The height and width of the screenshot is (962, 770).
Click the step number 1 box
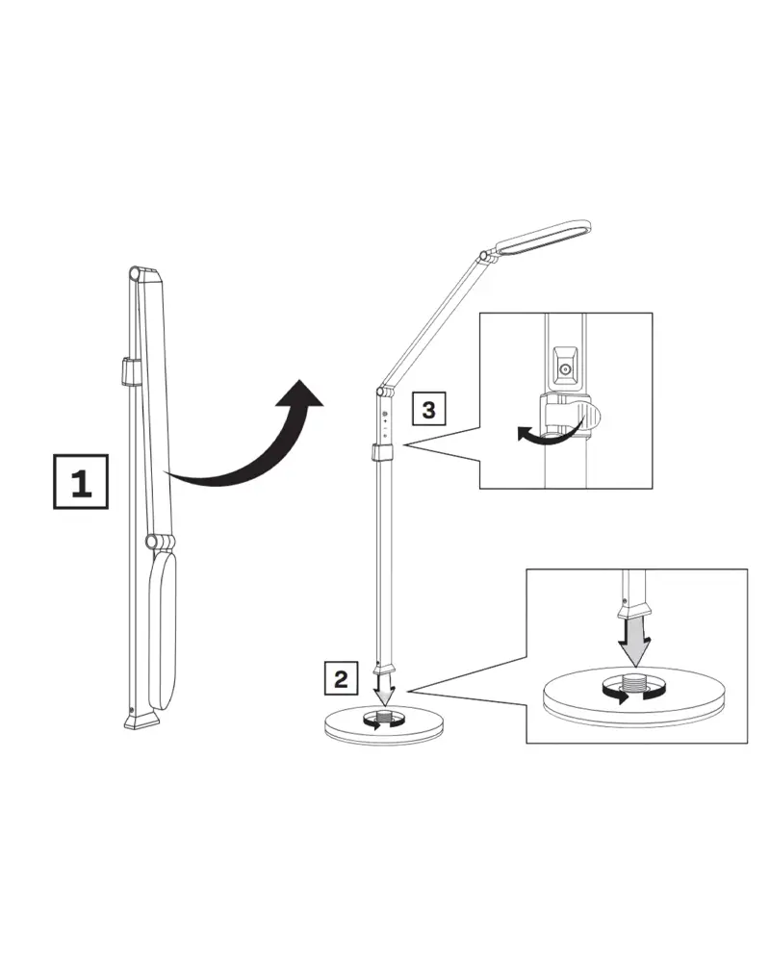click(x=81, y=482)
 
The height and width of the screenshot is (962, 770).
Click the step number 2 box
click(x=341, y=678)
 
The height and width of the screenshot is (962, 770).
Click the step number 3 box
click(x=428, y=408)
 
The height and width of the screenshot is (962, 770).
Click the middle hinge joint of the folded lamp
click(x=160, y=541)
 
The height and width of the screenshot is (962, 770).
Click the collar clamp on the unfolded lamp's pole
click(x=381, y=453)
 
